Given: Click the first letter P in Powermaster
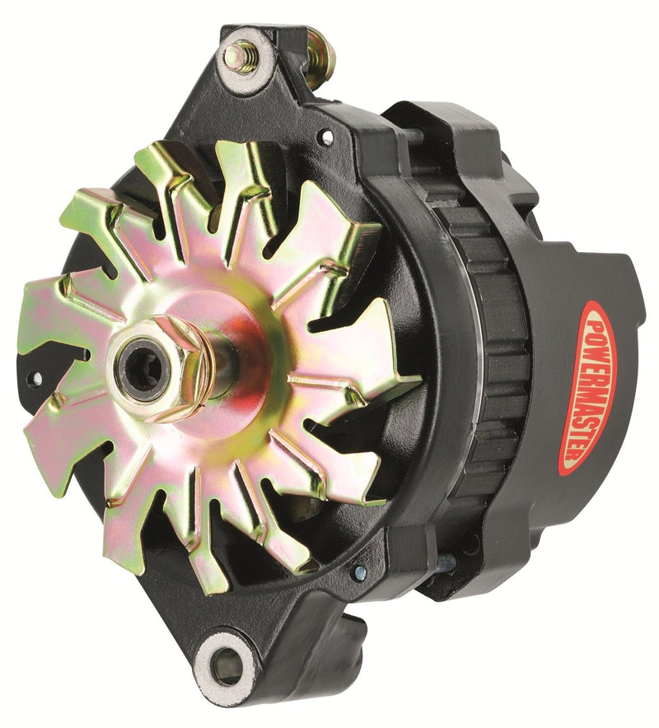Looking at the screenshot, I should click(595, 316).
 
